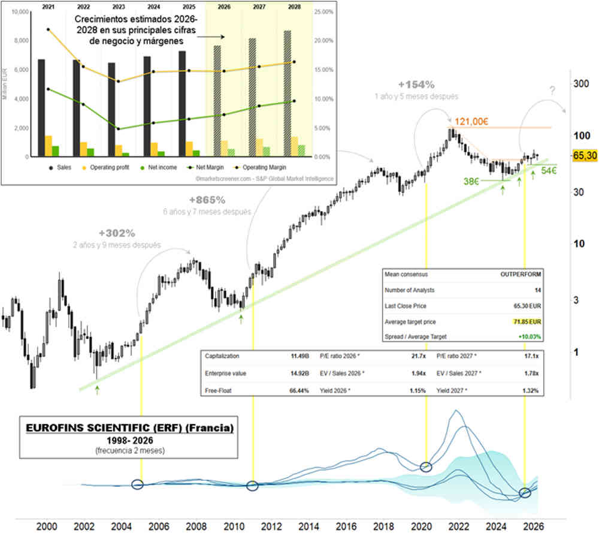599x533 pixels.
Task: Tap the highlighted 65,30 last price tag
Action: pos(585,155)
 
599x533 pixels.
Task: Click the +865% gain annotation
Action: pos(207,200)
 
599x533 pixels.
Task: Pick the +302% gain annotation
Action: pos(116,233)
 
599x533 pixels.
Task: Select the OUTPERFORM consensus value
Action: pos(521,275)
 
